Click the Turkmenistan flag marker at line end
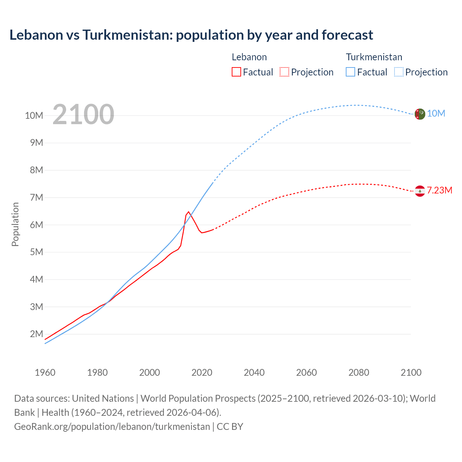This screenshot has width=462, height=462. point(419,114)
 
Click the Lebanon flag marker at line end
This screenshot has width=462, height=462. point(419,191)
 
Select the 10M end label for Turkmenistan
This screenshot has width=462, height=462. point(436,114)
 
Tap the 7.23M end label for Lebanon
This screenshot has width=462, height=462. point(439,191)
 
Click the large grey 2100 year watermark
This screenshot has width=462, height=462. point(83,114)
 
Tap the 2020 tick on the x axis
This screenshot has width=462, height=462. point(202,372)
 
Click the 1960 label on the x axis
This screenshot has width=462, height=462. point(45,372)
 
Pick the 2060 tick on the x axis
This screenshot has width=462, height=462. point(306,372)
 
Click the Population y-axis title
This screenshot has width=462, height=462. point(15,224)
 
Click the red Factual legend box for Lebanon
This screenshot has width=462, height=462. point(236,72)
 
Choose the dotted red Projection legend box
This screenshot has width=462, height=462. point(284,72)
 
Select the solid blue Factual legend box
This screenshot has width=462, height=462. point(350,72)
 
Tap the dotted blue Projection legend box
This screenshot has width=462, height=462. point(399,72)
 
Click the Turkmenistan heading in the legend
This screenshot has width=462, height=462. point(374,57)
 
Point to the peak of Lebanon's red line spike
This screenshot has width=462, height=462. point(188,212)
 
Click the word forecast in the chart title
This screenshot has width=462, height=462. point(347,35)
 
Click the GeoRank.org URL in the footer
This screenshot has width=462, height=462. point(112,427)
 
